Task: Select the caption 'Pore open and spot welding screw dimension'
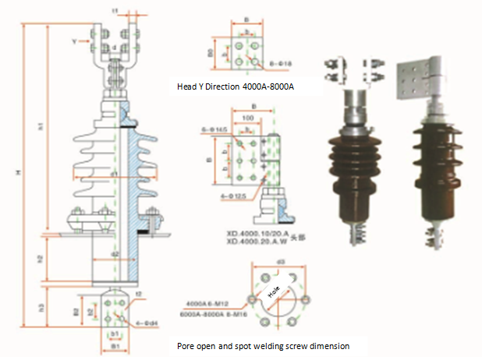(262, 344)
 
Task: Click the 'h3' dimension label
(40, 309)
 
